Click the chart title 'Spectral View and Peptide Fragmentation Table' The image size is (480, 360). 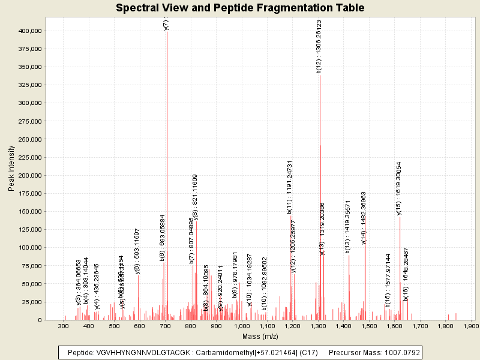(x=240, y=8)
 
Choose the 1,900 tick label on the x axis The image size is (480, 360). (x=471, y=326)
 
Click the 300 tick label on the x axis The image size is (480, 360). (x=63, y=326)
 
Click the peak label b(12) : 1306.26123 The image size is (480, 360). (x=319, y=46)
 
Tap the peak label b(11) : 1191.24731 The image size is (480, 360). (x=289, y=187)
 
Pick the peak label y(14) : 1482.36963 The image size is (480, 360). (x=364, y=218)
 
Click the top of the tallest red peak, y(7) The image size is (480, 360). (x=167, y=31)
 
